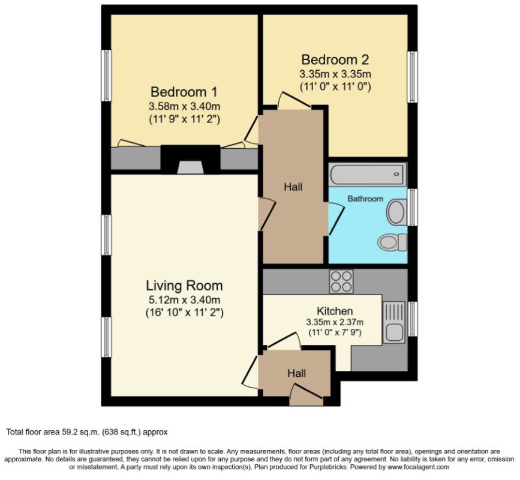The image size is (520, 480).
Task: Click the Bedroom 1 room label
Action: point(184,92)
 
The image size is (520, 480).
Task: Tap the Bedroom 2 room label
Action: point(335,60)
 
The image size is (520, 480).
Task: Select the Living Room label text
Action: point(184,286)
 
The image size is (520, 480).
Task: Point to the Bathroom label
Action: point(365,199)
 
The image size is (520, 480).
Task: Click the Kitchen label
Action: point(335,311)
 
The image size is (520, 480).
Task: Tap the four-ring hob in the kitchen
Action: point(341,281)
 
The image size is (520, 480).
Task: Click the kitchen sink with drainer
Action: point(394,322)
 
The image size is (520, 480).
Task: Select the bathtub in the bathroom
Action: point(368,175)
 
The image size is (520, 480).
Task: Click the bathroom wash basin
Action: point(396,211)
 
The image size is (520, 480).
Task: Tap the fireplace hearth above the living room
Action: point(190,167)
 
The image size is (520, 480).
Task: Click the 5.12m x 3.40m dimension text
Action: point(184,300)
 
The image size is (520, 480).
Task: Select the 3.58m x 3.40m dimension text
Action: point(184,106)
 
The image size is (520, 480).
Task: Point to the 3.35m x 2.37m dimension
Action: point(335,322)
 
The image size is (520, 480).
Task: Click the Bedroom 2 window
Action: point(412,77)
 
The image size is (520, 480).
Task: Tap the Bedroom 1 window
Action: point(106,76)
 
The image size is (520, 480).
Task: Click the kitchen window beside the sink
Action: point(412,319)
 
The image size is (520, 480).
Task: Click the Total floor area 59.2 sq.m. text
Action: point(87,432)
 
